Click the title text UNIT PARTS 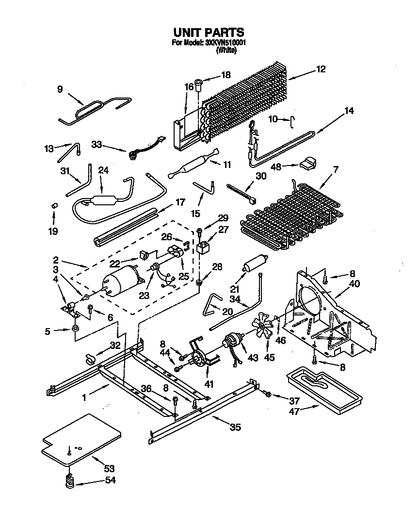pos(209,33)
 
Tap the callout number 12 pos(321,69)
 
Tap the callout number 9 pos(60,89)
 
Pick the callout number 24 pos(103,170)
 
